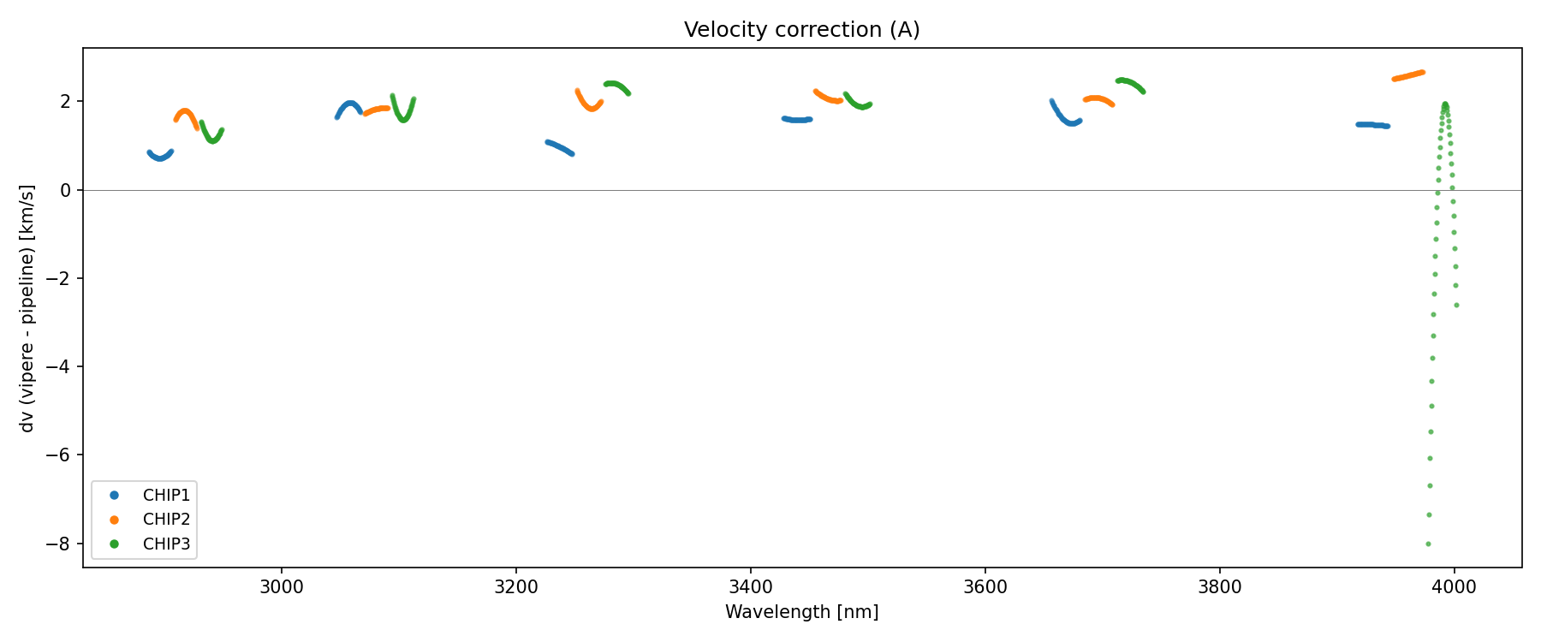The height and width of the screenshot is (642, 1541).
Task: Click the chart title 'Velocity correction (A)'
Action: coord(801,30)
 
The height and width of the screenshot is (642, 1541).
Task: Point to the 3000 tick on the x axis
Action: coord(282,587)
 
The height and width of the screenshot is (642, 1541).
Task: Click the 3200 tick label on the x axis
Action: coord(516,587)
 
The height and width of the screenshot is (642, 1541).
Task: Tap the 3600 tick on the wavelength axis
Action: coord(985,587)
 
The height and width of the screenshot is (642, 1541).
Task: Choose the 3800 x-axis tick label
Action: coord(1220,587)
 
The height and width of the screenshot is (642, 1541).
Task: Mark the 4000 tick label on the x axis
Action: coord(1455,587)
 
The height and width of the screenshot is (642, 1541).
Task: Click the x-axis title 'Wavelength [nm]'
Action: coord(801,612)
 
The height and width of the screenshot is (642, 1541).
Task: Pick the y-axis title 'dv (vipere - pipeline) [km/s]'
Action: coord(27,308)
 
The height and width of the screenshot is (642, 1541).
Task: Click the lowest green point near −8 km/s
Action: coord(1428,544)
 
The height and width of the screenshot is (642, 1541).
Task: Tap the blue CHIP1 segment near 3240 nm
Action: coord(559,147)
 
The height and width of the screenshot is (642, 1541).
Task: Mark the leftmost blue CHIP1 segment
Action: coord(160,157)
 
